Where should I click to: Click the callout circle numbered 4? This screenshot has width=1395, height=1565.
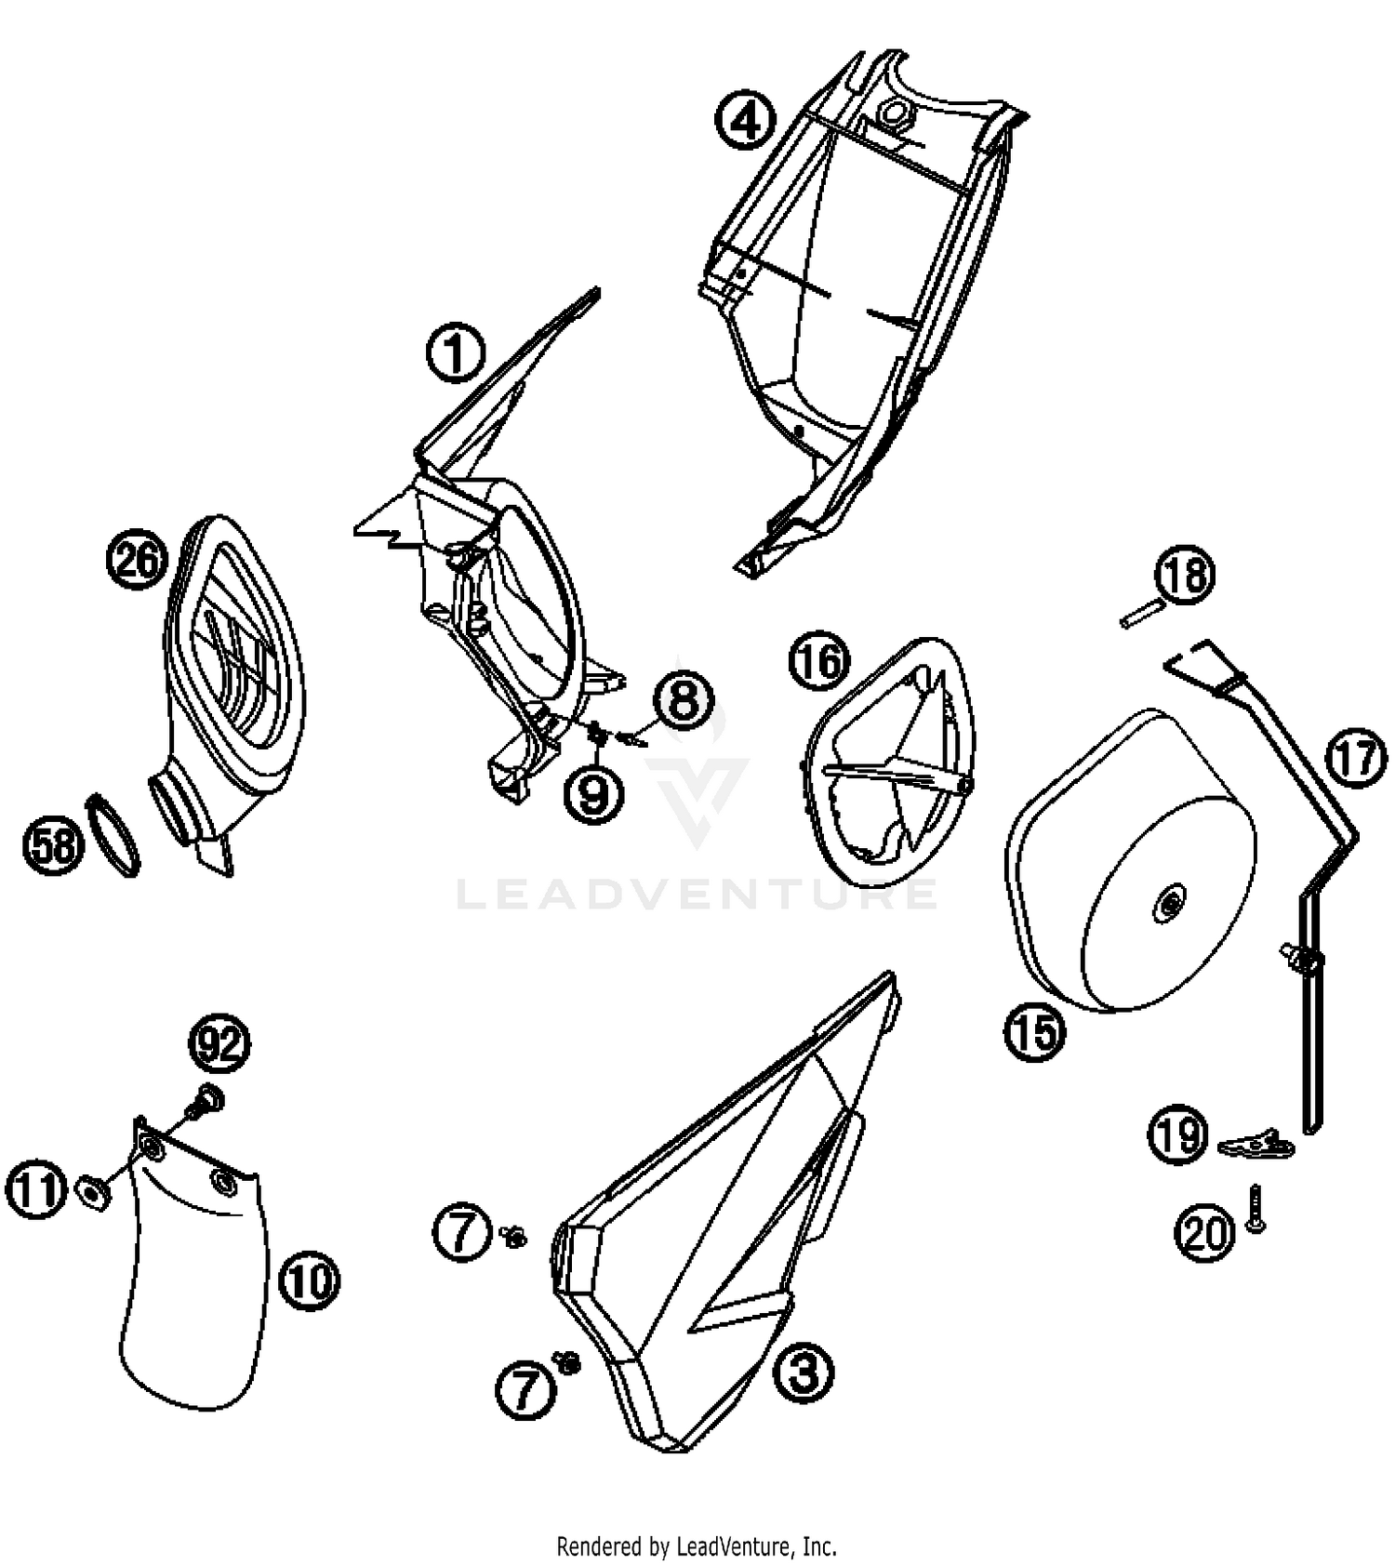coord(745,122)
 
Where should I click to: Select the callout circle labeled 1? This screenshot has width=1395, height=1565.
coord(456,353)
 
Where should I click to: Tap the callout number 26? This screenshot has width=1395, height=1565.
coord(137,561)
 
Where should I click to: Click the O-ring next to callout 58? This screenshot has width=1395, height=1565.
coord(113,834)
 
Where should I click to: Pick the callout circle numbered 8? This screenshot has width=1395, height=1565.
coord(684,700)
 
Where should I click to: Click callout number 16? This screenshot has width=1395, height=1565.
coord(819,661)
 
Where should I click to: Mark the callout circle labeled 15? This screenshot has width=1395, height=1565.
coord(1035,1031)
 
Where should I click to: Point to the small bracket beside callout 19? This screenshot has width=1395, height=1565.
coord(1255,1144)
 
